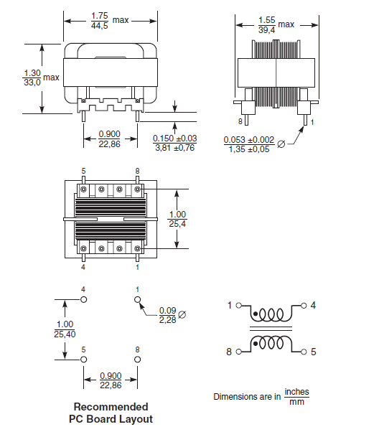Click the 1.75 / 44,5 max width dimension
point(100,20)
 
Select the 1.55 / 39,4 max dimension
point(266,24)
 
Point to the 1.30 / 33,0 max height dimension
point(33,78)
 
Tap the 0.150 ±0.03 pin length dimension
point(174,143)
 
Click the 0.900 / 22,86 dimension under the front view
point(109,139)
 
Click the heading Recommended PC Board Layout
point(111,413)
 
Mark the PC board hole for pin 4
point(83,300)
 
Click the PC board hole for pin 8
point(138,359)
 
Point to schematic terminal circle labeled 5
point(304,352)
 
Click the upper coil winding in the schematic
point(273,315)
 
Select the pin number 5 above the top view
point(83,171)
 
